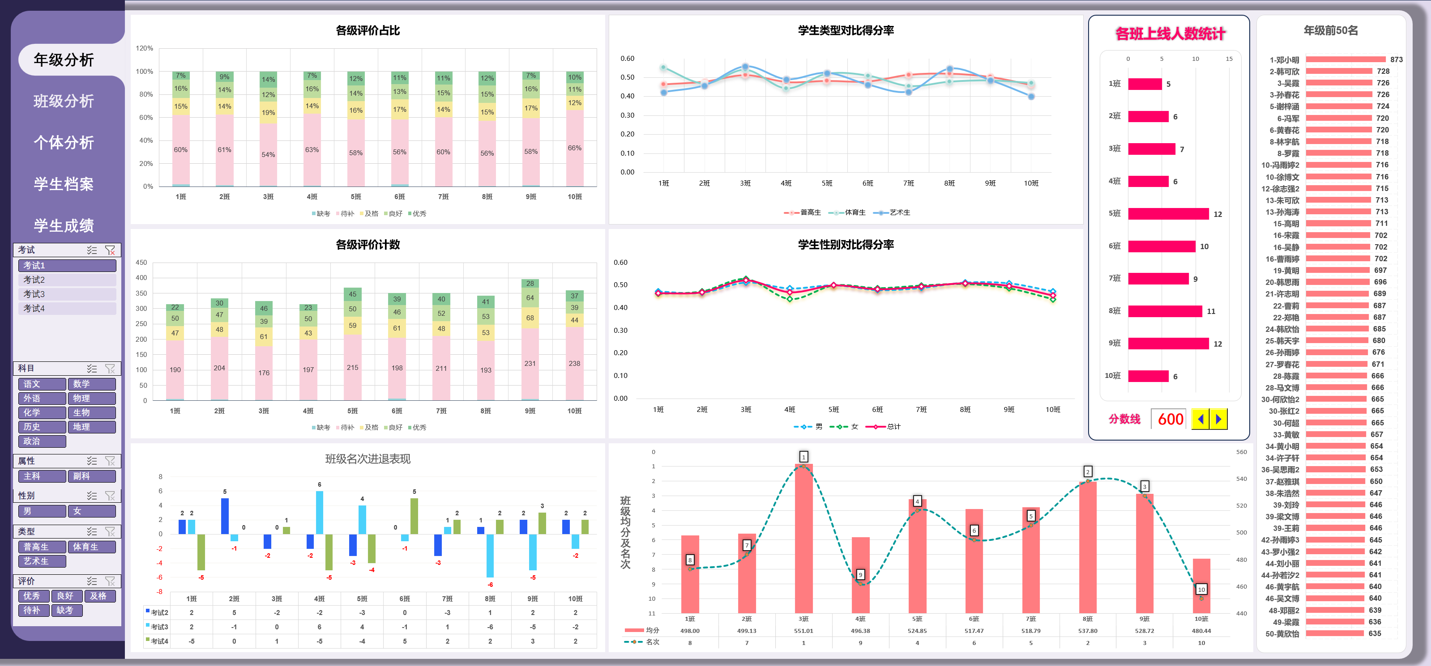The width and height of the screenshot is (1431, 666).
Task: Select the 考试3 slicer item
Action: point(67,294)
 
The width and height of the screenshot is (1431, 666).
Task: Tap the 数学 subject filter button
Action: point(92,384)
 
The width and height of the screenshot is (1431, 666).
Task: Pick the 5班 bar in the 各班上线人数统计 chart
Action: point(1168,214)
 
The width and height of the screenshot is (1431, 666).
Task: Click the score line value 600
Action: point(1170,419)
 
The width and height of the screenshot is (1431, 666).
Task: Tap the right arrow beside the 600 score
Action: point(1219,419)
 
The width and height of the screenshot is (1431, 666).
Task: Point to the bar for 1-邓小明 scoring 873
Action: point(1345,59)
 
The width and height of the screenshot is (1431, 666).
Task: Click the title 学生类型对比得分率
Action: point(846,30)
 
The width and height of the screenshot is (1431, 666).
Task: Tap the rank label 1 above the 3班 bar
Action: point(803,457)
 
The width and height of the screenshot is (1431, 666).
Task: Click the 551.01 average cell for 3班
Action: point(803,631)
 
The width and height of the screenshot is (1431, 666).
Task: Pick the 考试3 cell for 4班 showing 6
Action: point(320,627)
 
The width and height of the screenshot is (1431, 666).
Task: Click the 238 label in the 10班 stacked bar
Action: point(574,364)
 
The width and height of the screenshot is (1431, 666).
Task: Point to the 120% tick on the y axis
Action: point(145,48)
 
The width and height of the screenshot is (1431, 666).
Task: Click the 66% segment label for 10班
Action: point(574,148)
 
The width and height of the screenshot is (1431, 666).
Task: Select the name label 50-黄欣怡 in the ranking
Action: point(1281,633)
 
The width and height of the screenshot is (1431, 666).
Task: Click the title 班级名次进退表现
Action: point(368,459)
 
